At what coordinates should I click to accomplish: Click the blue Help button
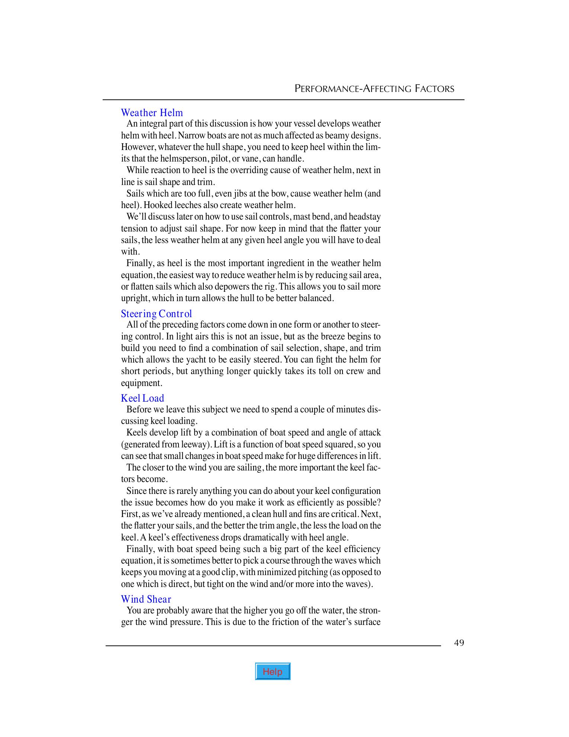pyautogui.click(x=273, y=671)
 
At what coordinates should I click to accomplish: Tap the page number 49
pyautogui.click(x=459, y=643)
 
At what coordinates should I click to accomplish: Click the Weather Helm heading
pyautogui.click(x=152, y=113)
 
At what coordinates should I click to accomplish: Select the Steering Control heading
pyautogui.click(x=156, y=314)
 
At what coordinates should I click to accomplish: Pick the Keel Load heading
pyautogui.click(x=142, y=398)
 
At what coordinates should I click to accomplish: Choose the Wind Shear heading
pyautogui.click(x=146, y=599)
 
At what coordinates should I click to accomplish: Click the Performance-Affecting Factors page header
pyautogui.click(x=374, y=89)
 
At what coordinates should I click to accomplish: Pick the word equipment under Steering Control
pyautogui.click(x=140, y=383)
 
